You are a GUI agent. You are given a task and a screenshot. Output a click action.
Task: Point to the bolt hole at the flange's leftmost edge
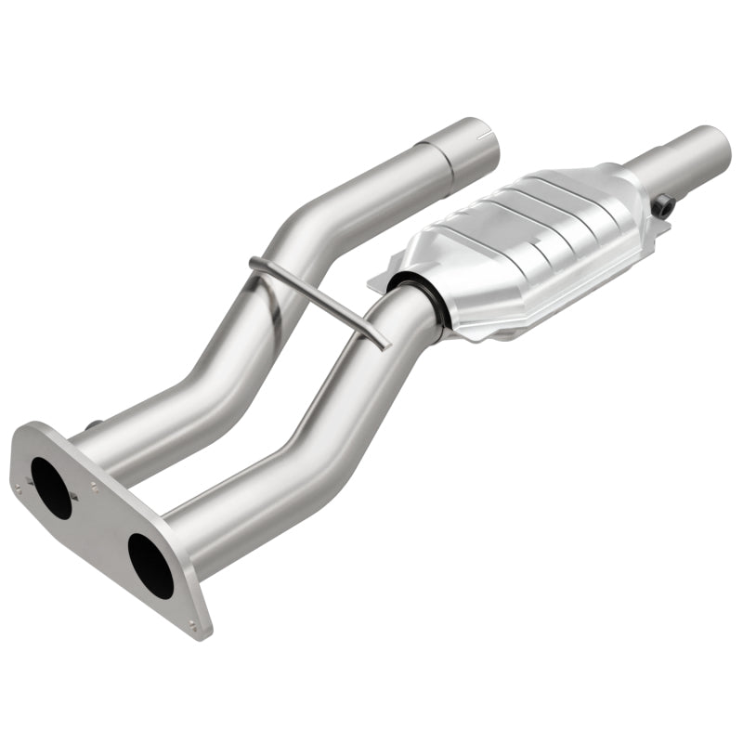click(17, 486)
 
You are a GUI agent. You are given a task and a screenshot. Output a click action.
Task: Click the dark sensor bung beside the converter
click(662, 206)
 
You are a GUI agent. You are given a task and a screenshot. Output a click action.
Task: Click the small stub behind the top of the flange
click(93, 426)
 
